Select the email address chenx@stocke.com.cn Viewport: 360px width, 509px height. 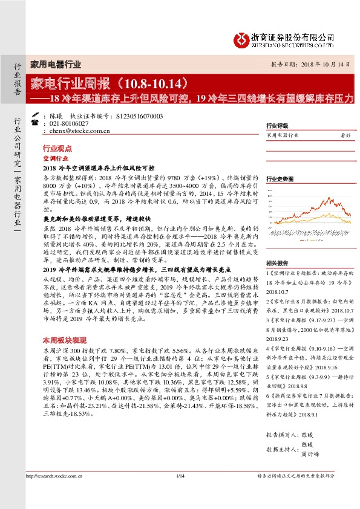click(76, 130)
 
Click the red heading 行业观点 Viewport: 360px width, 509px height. click(57, 148)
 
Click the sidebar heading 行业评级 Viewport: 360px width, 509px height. click(277, 126)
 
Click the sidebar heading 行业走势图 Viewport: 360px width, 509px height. click(280, 180)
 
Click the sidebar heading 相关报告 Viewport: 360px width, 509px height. click(277, 264)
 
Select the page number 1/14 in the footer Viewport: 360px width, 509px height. click(180, 494)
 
